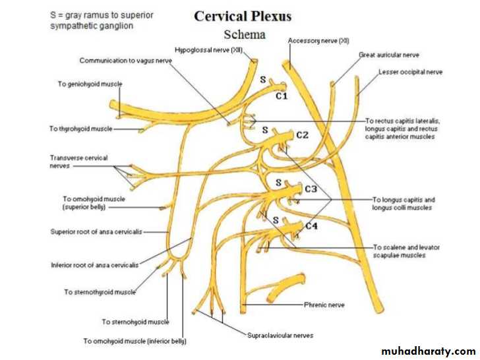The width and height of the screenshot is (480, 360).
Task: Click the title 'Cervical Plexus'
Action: click(x=242, y=16)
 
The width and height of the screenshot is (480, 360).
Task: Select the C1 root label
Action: click(x=282, y=96)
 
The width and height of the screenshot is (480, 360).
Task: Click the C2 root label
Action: click(x=303, y=135)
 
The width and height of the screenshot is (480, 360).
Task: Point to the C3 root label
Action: click(x=311, y=189)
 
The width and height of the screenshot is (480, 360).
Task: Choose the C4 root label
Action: click(x=311, y=226)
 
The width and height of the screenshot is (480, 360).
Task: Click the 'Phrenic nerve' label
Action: click(x=324, y=305)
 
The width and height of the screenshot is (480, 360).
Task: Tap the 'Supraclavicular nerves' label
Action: click(x=280, y=336)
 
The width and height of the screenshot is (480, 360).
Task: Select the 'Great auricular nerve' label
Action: click(x=389, y=55)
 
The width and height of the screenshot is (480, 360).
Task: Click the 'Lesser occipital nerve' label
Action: click(x=411, y=72)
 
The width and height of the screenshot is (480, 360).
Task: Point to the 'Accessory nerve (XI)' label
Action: click(x=318, y=41)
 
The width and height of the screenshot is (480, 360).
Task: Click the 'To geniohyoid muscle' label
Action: click(x=90, y=84)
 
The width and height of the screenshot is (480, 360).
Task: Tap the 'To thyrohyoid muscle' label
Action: click(x=80, y=129)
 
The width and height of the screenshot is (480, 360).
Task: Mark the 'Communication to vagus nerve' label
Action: click(x=126, y=61)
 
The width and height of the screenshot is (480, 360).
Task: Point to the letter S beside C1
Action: click(x=262, y=80)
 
